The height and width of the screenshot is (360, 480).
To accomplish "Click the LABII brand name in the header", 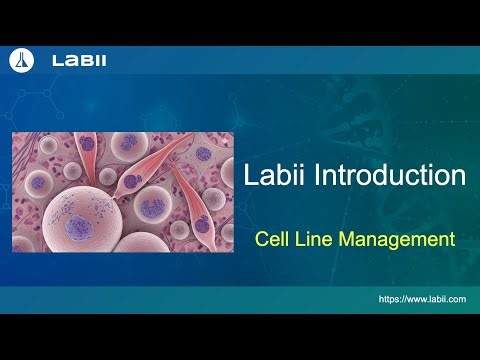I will tap(79, 62).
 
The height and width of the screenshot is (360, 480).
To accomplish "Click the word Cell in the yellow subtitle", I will tap(271, 240).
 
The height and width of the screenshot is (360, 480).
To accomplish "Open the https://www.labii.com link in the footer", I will tap(423, 298).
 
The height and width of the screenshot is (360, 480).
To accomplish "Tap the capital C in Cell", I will tap(261, 240).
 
